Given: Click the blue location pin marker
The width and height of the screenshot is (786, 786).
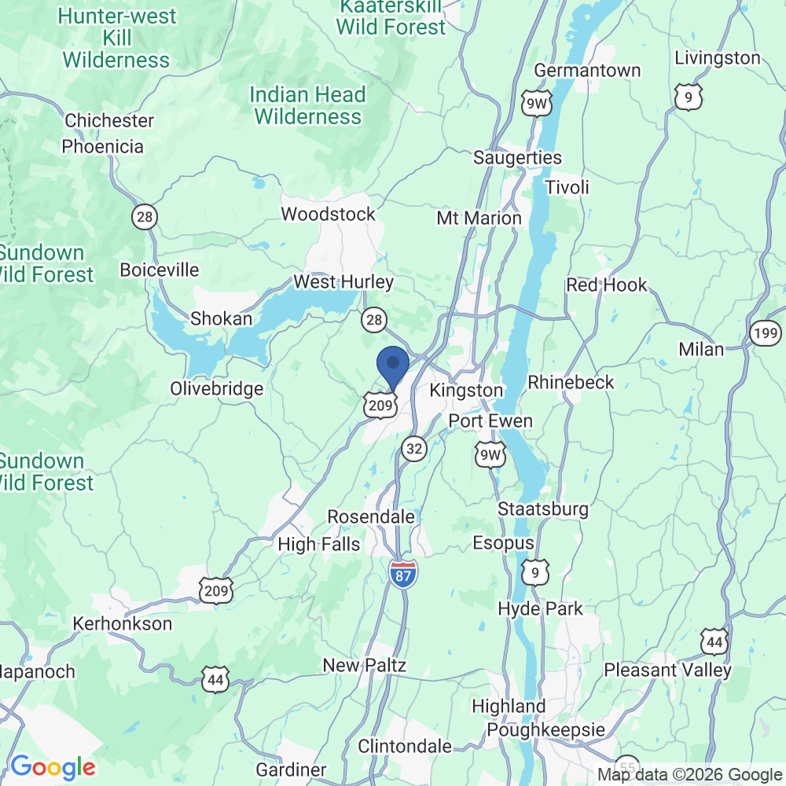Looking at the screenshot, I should point(392,367).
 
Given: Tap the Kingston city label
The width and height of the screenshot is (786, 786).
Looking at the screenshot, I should point(466,391).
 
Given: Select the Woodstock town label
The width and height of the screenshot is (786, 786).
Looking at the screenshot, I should point(329,215).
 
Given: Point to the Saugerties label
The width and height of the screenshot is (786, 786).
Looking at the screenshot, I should point(517,158).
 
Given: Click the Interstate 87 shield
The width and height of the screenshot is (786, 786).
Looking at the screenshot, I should point(402,571).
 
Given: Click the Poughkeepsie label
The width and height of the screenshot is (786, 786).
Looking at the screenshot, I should point(545,729).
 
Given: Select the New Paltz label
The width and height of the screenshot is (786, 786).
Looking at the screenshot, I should point(365,666).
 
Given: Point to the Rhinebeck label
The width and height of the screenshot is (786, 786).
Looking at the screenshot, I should point(571,383).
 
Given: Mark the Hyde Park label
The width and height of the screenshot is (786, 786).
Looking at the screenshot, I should point(541,609).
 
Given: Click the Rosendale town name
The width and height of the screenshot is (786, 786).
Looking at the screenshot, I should point(370,517).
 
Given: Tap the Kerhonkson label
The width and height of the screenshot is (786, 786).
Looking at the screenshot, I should point(122,624).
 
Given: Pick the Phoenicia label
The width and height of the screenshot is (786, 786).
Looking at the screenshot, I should point(103,147).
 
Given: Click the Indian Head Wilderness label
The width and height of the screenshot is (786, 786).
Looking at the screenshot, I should point(308,106).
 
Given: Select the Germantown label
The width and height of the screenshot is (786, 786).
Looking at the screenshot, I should point(587,71).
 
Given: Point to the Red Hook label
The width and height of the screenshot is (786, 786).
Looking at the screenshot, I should point(607,285).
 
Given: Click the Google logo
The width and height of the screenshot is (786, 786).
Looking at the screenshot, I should point(53,767).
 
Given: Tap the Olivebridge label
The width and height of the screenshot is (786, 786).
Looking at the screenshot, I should point(217,389).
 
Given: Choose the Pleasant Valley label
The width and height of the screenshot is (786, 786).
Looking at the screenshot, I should point(667,670).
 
